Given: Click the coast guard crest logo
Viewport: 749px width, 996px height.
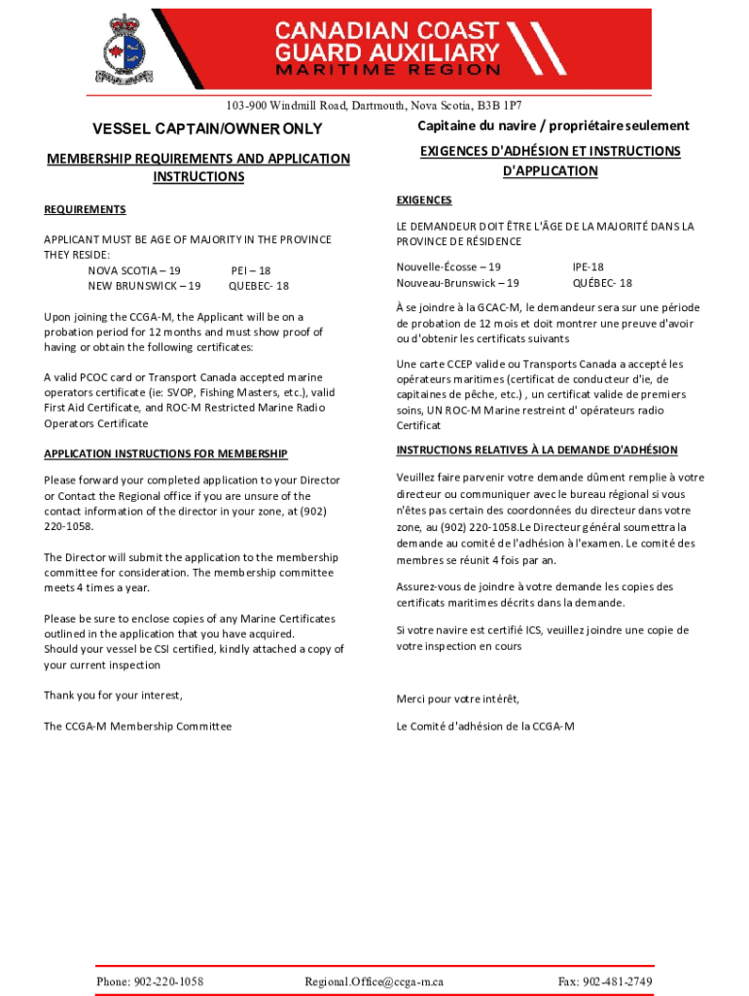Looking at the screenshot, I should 122,49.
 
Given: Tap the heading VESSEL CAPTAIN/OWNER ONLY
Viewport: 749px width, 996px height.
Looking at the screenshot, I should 206,129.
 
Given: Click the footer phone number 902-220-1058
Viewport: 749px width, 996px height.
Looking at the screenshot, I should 150,981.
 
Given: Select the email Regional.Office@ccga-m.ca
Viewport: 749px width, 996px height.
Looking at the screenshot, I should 374,981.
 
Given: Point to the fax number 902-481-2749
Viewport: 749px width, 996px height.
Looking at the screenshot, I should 605,981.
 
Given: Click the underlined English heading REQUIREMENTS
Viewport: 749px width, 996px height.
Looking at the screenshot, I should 85,209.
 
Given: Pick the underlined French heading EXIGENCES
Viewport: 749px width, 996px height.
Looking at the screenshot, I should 424,200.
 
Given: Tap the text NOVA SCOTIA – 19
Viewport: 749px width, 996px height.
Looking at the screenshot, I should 134,270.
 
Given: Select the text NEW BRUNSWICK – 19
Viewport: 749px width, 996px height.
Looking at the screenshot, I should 144,286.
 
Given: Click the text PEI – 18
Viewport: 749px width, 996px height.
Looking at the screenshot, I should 251,270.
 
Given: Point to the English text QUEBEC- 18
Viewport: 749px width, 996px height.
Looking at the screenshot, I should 258,286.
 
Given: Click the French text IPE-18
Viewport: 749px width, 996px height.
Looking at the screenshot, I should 588,267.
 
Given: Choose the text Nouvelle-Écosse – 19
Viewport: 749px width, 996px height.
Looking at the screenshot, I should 448,267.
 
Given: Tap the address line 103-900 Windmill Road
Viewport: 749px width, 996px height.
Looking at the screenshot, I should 374,105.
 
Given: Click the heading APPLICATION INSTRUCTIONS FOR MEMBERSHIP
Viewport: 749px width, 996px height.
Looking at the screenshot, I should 165,454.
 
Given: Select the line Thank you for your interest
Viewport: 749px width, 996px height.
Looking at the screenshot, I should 113,694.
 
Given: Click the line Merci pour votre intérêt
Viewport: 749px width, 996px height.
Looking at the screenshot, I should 457,699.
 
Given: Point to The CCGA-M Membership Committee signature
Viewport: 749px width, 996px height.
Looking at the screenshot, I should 137,726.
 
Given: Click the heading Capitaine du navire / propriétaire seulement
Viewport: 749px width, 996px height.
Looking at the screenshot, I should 553,125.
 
